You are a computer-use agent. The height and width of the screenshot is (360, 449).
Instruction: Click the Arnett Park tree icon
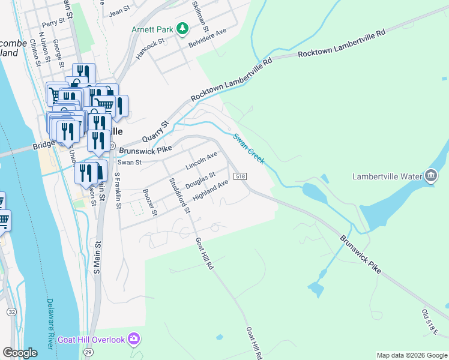(x=184, y=29)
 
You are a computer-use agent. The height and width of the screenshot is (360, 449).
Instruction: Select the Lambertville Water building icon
(x=430, y=176)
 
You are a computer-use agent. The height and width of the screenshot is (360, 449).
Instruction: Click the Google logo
(x=20, y=353)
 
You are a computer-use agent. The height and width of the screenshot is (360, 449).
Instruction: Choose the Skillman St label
(x=199, y=16)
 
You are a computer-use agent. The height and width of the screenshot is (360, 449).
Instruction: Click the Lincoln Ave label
(x=201, y=161)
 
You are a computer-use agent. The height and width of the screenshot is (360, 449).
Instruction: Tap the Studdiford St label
(x=179, y=195)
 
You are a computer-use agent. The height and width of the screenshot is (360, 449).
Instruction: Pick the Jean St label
(x=120, y=11)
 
